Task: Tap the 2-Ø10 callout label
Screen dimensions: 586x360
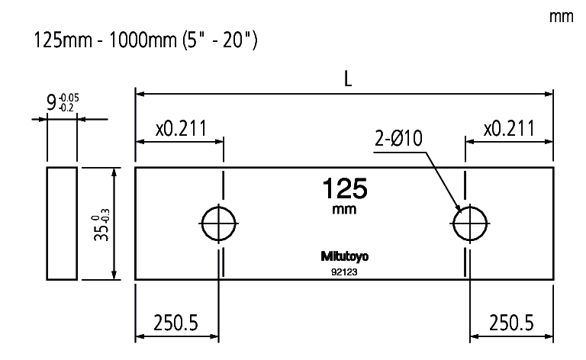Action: tap(398, 139)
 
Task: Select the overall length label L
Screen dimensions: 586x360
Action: tap(348, 79)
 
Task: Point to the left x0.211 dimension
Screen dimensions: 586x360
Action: tap(182, 128)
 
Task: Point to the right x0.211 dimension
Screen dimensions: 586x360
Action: tap(509, 128)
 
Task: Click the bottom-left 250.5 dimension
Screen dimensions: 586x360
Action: tap(175, 323)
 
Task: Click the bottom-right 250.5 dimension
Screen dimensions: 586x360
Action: tap(511, 323)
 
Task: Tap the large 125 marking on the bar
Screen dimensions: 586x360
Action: tap(345, 188)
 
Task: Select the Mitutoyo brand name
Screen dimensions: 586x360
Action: tap(345, 256)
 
